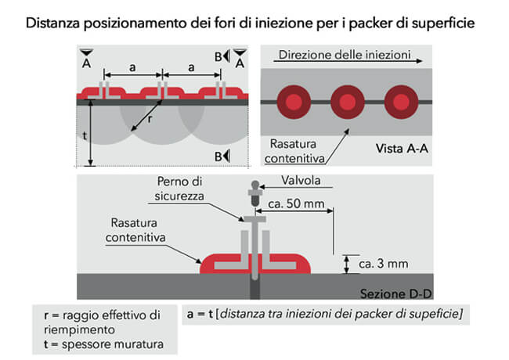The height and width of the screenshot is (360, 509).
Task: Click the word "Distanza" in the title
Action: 52,23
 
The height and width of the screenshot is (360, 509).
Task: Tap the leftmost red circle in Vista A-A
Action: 294,102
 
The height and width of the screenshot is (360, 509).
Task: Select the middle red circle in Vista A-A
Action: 348,102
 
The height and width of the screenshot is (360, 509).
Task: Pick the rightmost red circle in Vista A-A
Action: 401,102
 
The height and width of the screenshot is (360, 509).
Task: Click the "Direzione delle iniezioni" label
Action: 345,55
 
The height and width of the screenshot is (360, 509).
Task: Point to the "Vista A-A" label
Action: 402,149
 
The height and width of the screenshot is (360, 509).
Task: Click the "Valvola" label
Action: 301,180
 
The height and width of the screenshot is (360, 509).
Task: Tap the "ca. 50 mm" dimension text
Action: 296,203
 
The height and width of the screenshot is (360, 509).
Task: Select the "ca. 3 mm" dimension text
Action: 384,264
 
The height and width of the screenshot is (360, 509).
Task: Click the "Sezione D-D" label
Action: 395,293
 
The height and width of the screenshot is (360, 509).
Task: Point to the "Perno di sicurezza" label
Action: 179,189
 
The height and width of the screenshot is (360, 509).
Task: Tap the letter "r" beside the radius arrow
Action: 150,120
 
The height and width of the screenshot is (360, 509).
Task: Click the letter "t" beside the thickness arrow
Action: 85,135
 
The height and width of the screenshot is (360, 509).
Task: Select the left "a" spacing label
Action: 132,67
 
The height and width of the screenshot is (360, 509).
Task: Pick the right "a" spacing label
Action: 192,67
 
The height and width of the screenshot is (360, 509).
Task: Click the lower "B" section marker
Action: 218,157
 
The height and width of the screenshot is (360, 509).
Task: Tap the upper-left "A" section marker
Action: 86,63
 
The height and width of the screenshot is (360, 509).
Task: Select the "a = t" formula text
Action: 200,314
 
